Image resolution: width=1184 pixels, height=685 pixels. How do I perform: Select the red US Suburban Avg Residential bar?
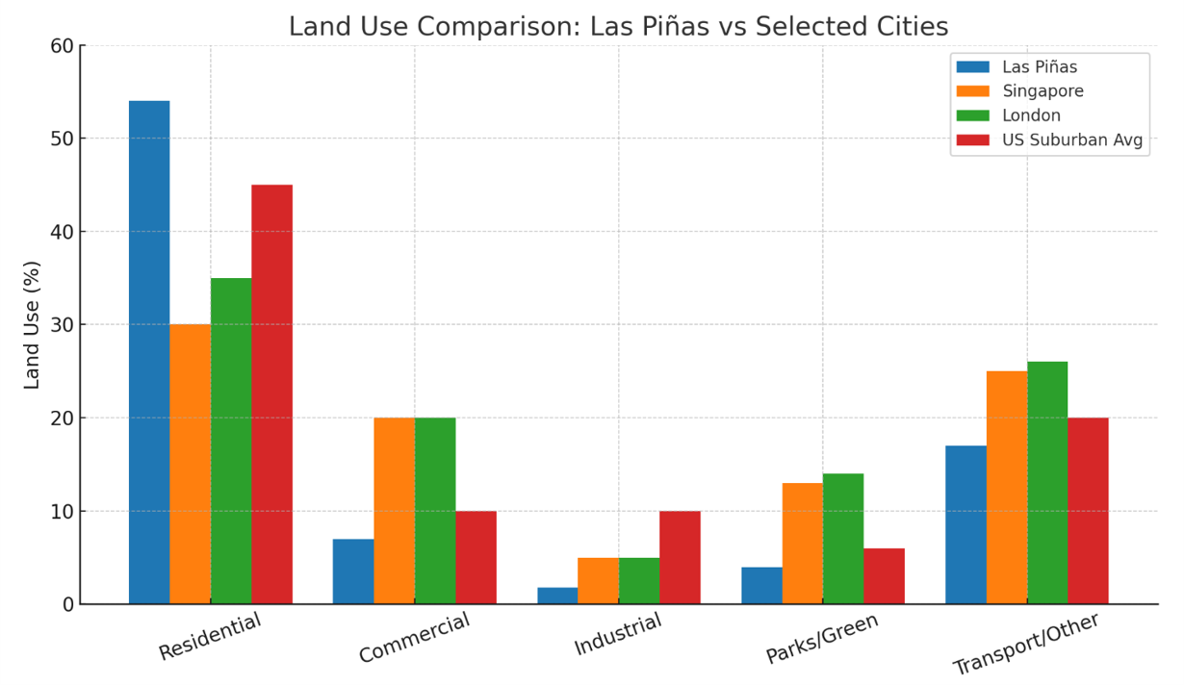coord(271,394)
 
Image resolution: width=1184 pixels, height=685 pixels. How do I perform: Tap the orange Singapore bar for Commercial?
coord(394,511)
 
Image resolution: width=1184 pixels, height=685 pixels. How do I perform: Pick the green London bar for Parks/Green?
coord(843,539)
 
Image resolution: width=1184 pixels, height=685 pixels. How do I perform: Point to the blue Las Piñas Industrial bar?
coord(557,596)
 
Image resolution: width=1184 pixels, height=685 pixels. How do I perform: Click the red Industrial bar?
coord(680,557)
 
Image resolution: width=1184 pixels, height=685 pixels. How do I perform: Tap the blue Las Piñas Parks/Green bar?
coord(761,586)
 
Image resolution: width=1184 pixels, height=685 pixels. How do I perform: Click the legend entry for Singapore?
coord(1042,91)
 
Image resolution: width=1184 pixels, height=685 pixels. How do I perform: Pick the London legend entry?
coord(1031,115)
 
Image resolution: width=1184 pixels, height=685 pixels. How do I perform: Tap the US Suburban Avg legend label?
coord(1072,140)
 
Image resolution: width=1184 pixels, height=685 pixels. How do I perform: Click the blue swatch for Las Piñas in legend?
coord(972,67)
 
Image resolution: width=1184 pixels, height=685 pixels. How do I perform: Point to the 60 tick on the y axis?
coord(64,46)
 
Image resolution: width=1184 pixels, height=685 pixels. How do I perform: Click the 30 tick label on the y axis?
coord(64,325)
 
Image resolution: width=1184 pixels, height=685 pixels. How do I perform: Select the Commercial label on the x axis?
coord(415,637)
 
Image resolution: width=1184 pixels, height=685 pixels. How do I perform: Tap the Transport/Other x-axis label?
coord(1026,643)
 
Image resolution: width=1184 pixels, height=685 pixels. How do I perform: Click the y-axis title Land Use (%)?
coord(33,324)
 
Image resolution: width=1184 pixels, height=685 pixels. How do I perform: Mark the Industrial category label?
coord(618,634)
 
